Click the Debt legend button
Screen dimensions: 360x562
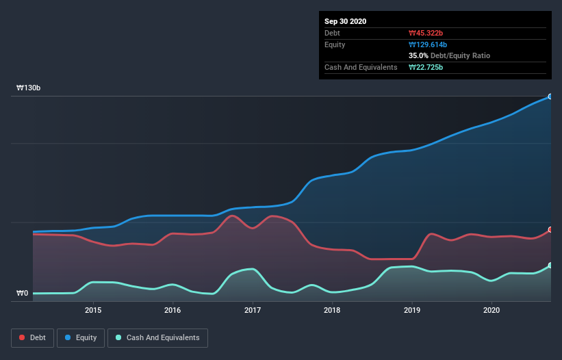(x=31, y=337)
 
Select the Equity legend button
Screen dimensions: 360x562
(x=81, y=337)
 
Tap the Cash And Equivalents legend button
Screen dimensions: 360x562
(x=157, y=337)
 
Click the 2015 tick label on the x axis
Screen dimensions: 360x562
(x=93, y=310)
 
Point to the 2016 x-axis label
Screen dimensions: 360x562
(x=173, y=310)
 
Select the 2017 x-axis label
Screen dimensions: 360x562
(x=253, y=310)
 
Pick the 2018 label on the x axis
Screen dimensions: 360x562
(x=332, y=310)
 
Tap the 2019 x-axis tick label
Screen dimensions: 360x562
(x=412, y=310)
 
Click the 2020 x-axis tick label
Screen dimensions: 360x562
(x=491, y=310)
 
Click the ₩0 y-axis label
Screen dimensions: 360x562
(x=23, y=294)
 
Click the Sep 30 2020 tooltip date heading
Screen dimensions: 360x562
(x=346, y=21)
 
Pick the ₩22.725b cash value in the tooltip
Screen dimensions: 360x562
(x=427, y=67)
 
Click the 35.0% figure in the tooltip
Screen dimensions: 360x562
(x=419, y=55)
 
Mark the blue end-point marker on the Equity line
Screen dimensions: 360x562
(x=550, y=97)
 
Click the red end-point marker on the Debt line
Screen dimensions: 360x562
(x=550, y=230)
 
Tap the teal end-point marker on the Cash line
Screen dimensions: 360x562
(x=550, y=266)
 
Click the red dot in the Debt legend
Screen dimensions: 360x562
(x=22, y=337)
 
